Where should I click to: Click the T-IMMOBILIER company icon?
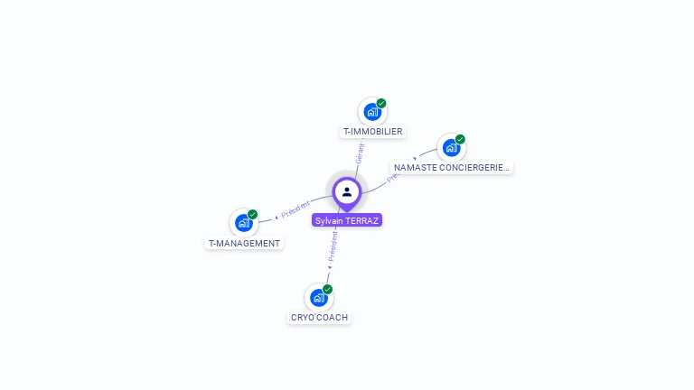(x=371, y=113)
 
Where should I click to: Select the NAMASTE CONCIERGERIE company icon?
(x=450, y=148)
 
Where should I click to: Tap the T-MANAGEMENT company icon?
(x=243, y=223)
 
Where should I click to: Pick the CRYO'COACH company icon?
(x=318, y=297)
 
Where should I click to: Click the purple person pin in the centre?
(x=347, y=192)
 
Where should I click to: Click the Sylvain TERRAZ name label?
(x=347, y=220)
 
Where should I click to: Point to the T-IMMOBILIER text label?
(x=372, y=132)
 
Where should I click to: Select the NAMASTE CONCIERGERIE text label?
(x=452, y=168)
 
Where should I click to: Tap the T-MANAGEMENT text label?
(x=244, y=243)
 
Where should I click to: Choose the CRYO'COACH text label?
(x=319, y=318)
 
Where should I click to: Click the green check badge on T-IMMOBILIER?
(x=381, y=104)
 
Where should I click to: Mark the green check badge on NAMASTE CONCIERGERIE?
(x=460, y=139)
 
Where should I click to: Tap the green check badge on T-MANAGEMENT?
(x=253, y=214)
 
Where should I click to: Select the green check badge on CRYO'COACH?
(x=328, y=289)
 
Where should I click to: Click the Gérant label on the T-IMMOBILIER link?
(x=360, y=153)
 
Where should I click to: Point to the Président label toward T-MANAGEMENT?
(x=295, y=209)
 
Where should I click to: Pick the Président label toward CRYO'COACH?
(x=333, y=246)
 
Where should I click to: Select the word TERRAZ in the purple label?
(x=362, y=220)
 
